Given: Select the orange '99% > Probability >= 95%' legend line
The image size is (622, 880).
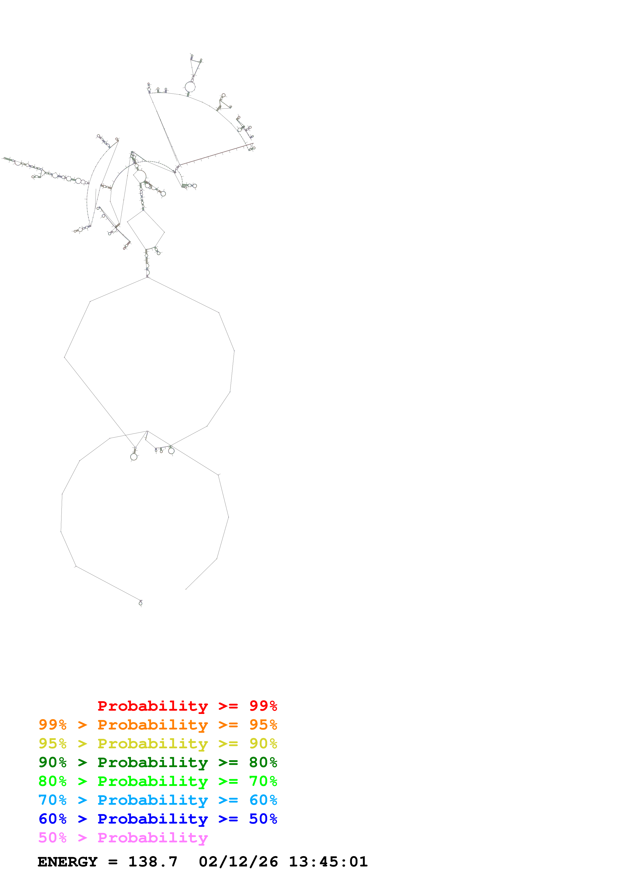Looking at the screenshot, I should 158,724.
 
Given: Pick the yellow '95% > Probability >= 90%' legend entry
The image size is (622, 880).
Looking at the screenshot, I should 158,743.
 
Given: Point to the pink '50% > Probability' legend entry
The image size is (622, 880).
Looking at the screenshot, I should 123,837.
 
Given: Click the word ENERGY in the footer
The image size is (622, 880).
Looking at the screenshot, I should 67,862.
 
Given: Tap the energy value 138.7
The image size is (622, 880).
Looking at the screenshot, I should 153,862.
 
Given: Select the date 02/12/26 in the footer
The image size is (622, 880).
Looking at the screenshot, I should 238,862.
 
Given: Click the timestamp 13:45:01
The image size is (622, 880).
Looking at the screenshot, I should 328,862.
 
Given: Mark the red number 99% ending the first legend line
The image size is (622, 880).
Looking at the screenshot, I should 263,706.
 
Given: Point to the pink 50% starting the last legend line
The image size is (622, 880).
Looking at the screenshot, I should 52,837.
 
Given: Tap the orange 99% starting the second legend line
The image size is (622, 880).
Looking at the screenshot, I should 52,724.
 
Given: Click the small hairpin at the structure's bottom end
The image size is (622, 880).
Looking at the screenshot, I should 141,603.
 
